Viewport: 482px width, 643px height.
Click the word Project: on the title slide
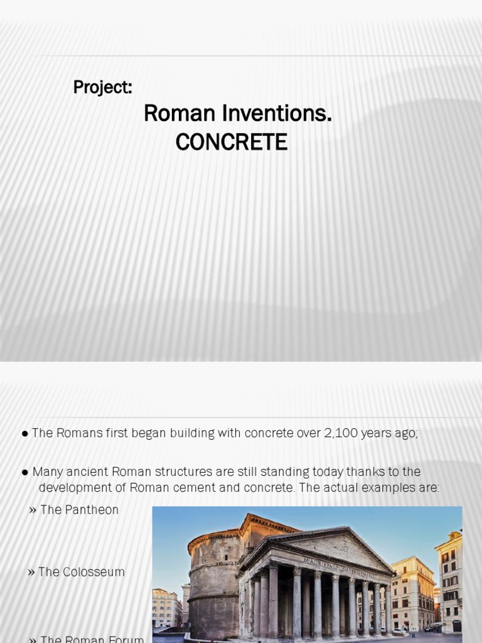[x=102, y=87]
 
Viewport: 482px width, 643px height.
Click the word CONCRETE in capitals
[x=231, y=143]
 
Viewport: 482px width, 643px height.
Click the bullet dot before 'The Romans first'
[x=24, y=434]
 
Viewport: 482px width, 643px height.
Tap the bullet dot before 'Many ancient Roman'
[x=24, y=472]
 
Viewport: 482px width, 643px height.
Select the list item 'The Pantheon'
[x=79, y=510]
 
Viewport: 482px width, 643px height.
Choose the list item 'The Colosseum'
[x=81, y=572]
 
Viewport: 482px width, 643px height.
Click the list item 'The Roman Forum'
[x=92, y=638]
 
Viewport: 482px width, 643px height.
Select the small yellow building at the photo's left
[x=165, y=608]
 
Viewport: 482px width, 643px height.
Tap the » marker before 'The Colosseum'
[x=31, y=572]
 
